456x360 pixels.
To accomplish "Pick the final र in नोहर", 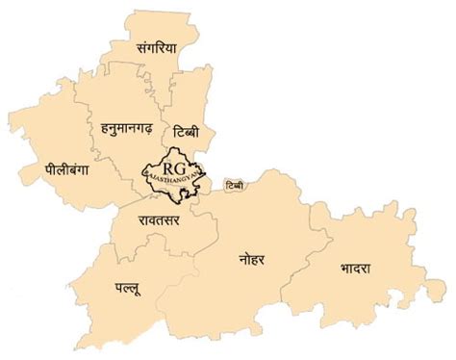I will [x=271, y=259].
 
